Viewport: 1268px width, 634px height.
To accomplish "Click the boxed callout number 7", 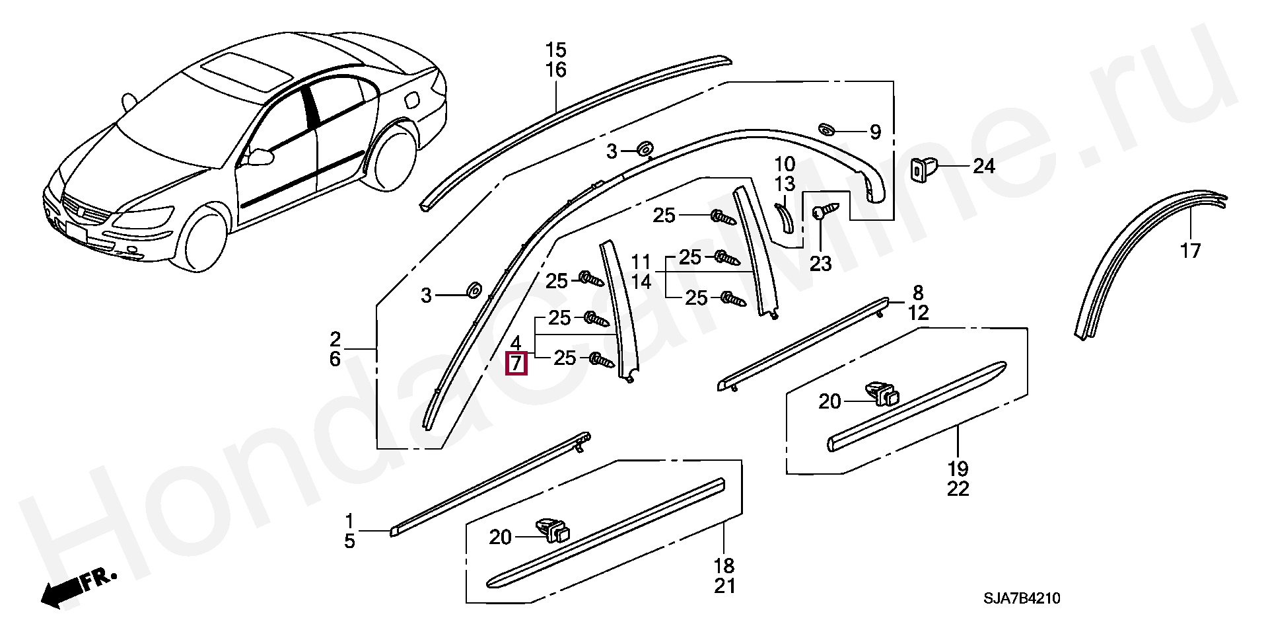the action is pyautogui.click(x=516, y=363).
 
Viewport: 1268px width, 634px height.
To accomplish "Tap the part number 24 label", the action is pyautogui.click(x=983, y=166).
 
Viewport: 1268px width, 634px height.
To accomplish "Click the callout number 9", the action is pyautogui.click(x=875, y=133).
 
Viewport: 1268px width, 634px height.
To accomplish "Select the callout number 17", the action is pyautogui.click(x=1190, y=251).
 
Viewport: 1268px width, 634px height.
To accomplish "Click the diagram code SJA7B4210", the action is pyautogui.click(x=1022, y=598).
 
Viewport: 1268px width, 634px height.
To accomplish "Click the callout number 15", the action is pyautogui.click(x=556, y=50).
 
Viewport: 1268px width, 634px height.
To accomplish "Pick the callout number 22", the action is pyautogui.click(x=958, y=489).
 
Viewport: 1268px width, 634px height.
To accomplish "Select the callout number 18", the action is pyautogui.click(x=724, y=566).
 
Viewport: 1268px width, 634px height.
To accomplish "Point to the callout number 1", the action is pyautogui.click(x=349, y=521).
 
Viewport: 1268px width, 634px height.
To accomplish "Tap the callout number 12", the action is pyautogui.click(x=918, y=313).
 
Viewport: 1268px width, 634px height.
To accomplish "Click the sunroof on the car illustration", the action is pyautogui.click(x=245, y=68).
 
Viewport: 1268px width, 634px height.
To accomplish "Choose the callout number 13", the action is pyautogui.click(x=785, y=184).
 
